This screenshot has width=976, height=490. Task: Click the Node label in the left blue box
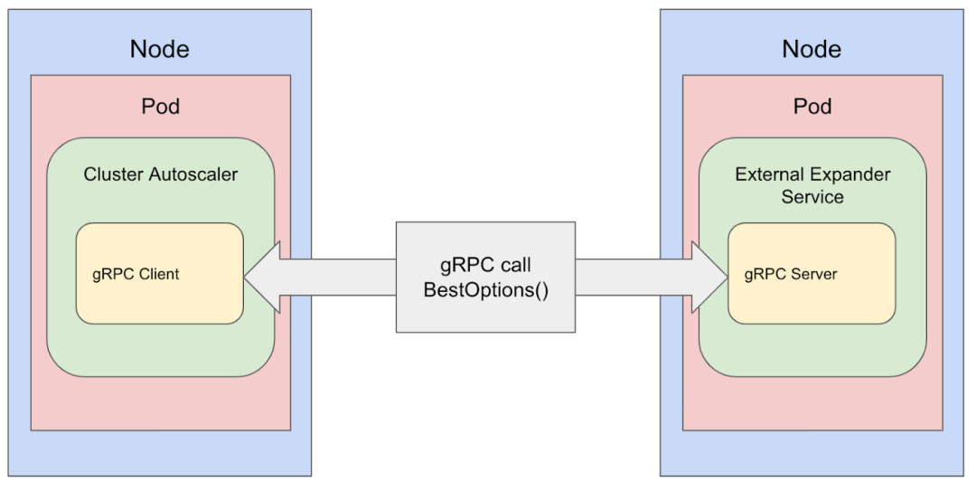point(160,49)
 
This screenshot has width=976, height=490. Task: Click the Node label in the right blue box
point(812,49)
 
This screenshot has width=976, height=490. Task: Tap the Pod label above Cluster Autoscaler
point(160,106)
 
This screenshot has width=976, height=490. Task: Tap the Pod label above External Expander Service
point(812,106)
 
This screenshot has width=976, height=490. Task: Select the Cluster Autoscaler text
point(161,174)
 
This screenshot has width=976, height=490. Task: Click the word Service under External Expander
point(812,196)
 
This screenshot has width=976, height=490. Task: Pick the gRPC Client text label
point(136,274)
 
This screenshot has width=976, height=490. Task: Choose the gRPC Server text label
point(791,274)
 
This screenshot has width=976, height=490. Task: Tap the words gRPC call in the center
point(486,266)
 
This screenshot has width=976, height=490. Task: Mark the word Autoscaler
point(193,174)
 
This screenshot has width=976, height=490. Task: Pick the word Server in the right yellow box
point(815,274)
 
